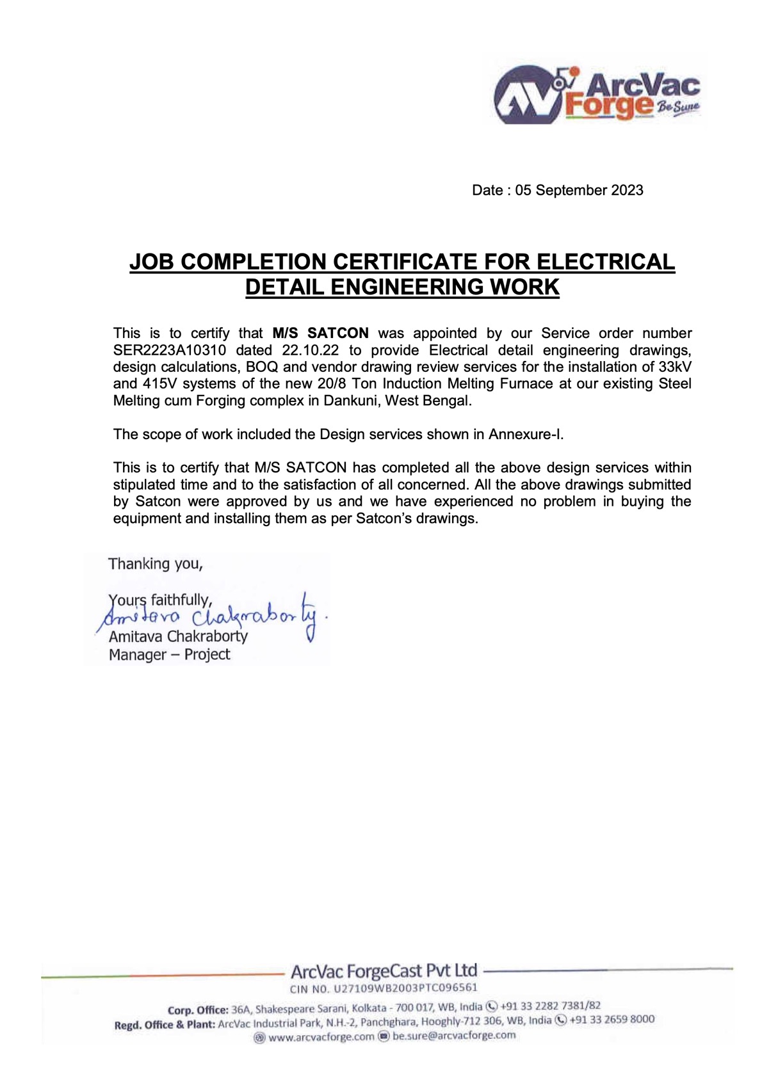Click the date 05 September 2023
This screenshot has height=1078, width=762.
(x=579, y=190)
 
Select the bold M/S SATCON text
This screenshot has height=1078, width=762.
(x=320, y=333)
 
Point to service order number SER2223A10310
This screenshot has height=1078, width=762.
(x=169, y=350)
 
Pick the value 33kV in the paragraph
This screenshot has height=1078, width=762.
(x=675, y=367)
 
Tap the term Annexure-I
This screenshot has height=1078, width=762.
(x=525, y=434)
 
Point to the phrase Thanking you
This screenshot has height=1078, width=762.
(x=155, y=564)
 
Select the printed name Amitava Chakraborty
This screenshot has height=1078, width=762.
(x=178, y=636)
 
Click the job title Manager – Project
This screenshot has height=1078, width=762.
(x=169, y=654)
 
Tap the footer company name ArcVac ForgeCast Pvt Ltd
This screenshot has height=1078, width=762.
(x=384, y=971)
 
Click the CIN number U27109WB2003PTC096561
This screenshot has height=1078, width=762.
(x=405, y=988)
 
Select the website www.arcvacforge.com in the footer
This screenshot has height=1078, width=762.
(x=321, y=1036)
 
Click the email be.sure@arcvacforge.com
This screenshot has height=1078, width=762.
(x=453, y=1035)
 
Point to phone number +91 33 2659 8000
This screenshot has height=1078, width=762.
(x=612, y=1019)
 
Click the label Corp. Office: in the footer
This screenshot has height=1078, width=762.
(x=198, y=1010)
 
